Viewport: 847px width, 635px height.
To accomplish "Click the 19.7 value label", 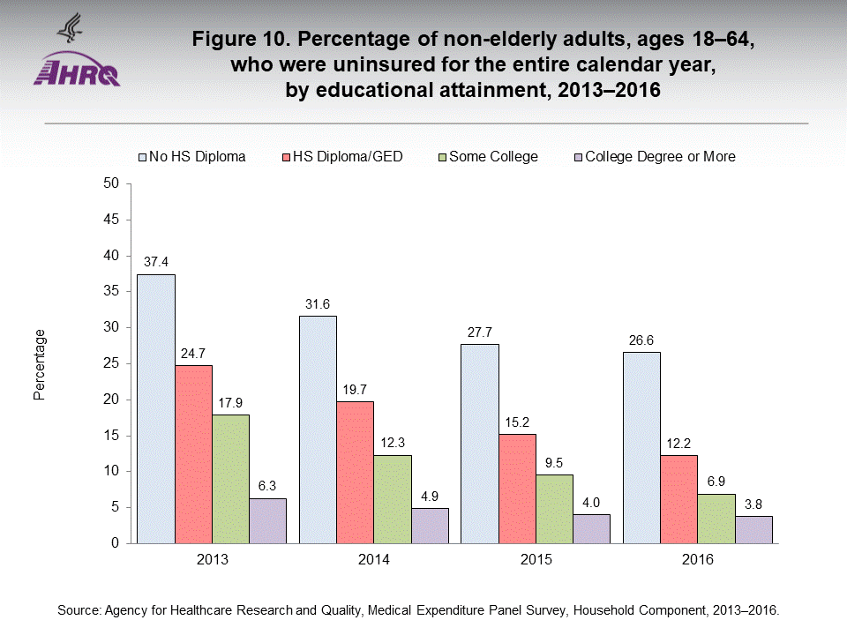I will [355, 388].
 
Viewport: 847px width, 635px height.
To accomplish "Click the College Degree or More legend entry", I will [660, 156].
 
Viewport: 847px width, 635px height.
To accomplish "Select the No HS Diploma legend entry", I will [198, 156].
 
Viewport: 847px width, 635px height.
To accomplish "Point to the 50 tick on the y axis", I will [111, 183].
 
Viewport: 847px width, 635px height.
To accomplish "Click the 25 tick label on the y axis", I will [111, 363].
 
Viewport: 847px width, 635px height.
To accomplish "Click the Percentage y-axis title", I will [40, 363].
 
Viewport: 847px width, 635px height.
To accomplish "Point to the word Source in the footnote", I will [78, 609].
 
